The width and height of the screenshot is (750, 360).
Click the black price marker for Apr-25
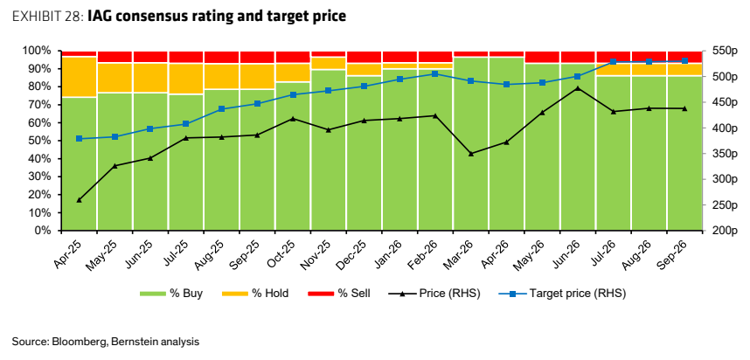click(79, 200)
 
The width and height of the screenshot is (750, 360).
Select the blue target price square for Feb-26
click(434, 74)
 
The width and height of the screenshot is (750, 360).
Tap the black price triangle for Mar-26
click(470, 154)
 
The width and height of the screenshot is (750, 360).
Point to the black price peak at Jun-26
click(577, 88)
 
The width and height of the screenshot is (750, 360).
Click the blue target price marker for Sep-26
click(684, 60)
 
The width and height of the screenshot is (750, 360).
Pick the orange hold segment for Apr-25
click(79, 77)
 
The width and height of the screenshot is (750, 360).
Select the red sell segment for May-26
click(542, 57)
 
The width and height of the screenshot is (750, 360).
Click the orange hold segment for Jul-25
click(185, 79)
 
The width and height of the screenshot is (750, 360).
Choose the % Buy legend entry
click(171, 294)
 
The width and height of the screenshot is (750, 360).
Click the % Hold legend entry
click(255, 294)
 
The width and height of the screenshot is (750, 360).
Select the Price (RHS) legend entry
click(434, 294)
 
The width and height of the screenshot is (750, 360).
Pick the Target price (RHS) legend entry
click(563, 294)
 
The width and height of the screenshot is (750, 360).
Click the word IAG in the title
click(100, 17)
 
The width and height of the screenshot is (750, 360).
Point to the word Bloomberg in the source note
click(74, 342)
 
